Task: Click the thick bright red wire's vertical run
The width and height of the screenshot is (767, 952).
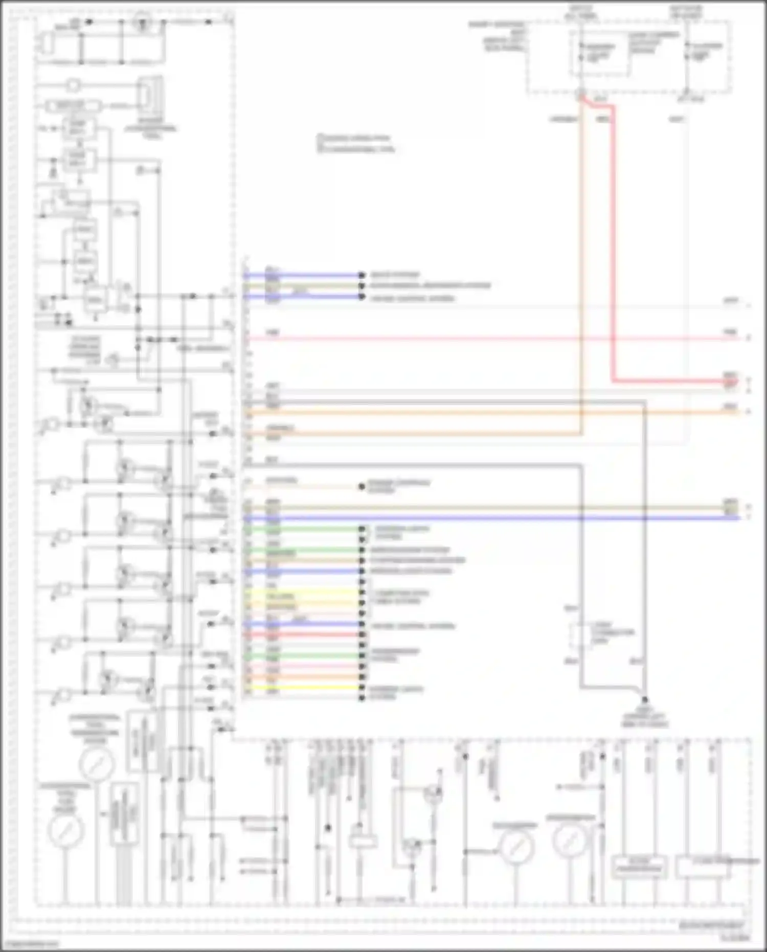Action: pos(613,246)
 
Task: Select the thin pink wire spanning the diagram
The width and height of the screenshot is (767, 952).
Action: pos(486,339)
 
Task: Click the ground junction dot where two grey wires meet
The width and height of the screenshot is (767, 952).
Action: pos(644,699)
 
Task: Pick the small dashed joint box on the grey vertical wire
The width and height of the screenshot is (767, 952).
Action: pos(581,635)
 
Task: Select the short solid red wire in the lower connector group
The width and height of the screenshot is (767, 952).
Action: pos(307,635)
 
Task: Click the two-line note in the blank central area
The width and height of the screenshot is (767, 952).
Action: pos(356,143)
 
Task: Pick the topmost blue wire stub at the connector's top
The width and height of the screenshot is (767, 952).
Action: pos(307,275)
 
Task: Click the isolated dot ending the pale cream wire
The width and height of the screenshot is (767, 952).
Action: pos(362,486)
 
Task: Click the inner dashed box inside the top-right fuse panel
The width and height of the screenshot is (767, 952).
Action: pos(599,53)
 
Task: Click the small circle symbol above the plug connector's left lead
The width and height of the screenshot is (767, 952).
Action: pos(73,84)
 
